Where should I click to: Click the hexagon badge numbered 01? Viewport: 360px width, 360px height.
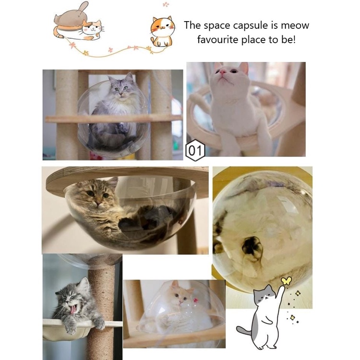coord(195,150)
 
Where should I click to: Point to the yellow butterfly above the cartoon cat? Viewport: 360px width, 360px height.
coord(286,281)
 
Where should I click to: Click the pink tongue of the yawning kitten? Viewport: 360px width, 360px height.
coord(73,310)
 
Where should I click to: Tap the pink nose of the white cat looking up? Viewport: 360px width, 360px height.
coord(222,72)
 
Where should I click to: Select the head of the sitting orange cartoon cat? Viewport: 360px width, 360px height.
coord(163,25)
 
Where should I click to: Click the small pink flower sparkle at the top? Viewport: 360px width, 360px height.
coord(166,4)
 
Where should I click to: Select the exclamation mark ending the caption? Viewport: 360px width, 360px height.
coord(294,40)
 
